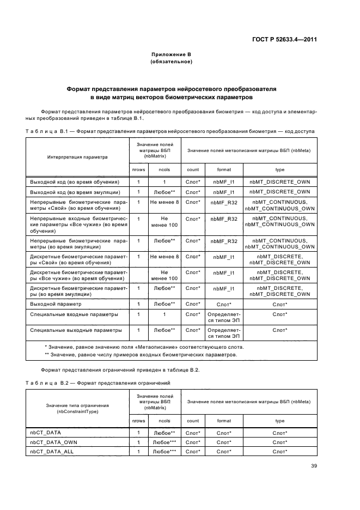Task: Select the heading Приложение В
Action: coord(171,54)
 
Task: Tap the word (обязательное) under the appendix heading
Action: coord(171,62)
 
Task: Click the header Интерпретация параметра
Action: coord(77,157)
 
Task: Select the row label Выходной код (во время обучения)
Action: coord(75,181)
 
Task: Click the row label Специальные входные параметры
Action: coord(74,314)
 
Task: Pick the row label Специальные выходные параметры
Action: coord(76,330)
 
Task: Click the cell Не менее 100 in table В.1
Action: coord(164,221)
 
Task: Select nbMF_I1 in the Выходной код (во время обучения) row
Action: coord(224,181)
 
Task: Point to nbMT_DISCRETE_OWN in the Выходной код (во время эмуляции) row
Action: coord(280,192)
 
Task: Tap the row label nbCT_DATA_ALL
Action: coord(52,452)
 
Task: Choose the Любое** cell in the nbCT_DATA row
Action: coord(164,433)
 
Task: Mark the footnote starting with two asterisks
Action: coord(141,355)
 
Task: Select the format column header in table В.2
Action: coord(224,421)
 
